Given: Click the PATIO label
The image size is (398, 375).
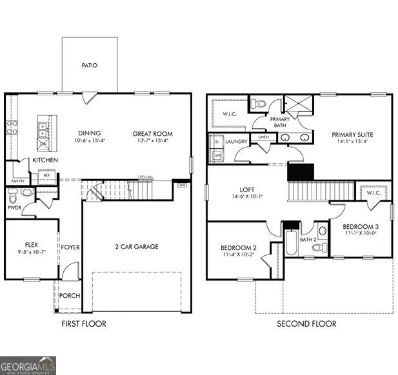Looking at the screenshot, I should [x=90, y=65].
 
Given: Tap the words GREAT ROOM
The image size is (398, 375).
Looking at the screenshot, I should [x=153, y=134].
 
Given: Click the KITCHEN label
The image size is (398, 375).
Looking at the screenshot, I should [x=45, y=160].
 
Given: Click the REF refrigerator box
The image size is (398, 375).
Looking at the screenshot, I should [x=46, y=175].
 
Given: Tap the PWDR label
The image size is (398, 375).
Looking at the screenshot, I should [x=14, y=208].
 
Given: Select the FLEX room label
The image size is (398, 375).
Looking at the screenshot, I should [x=31, y=245].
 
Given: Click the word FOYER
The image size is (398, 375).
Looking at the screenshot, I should [x=70, y=247].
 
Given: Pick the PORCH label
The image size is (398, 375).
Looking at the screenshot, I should [x=70, y=296].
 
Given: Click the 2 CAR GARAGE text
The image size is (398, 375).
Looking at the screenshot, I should [x=137, y=246].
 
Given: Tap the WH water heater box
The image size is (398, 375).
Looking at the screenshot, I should [x=183, y=185].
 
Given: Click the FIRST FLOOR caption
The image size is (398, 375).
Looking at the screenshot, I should [x=83, y=323].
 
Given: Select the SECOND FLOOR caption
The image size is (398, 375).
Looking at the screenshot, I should [x=306, y=323].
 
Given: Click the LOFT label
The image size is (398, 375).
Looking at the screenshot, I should [x=246, y=190].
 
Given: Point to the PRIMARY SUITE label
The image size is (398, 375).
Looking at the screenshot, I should [x=352, y=135].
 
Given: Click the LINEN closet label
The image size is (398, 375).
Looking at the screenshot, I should [x=263, y=138].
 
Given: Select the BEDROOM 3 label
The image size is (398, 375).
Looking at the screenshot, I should [x=360, y=226].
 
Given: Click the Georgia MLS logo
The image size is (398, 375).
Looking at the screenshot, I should [x=29, y=365].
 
